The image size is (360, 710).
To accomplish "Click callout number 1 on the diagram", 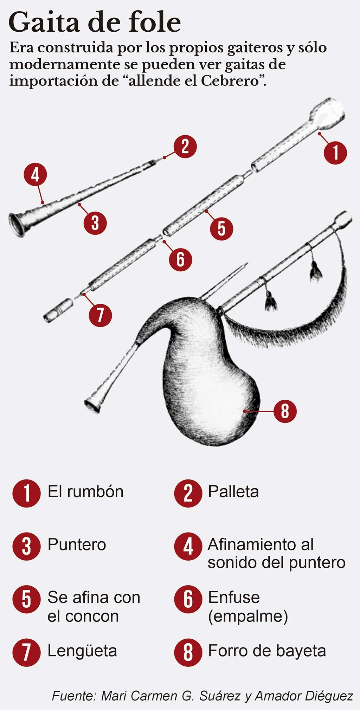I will click(x=335, y=153).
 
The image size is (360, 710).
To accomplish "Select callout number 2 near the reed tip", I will click(x=185, y=147).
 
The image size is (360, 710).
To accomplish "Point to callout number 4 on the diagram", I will click(x=35, y=174).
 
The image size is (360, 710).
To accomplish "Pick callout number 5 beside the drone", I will click(x=221, y=229).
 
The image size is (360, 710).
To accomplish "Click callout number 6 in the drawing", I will click(x=180, y=259).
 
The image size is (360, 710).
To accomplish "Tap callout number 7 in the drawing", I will click(x=100, y=315).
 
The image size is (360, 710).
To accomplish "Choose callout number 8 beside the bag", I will click(x=285, y=411).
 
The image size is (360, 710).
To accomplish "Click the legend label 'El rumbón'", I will click(x=85, y=492).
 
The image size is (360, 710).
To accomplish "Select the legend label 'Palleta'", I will click(x=233, y=492).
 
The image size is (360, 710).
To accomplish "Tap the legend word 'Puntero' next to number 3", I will click(x=77, y=545).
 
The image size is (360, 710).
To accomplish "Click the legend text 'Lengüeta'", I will click(x=82, y=651).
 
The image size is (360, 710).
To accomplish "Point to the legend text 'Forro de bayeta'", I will click(x=267, y=651).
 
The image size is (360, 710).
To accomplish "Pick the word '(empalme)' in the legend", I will click(x=248, y=617).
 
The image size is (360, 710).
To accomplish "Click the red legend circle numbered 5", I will click(x=26, y=599).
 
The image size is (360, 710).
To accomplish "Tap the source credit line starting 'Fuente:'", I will click(x=202, y=696).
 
